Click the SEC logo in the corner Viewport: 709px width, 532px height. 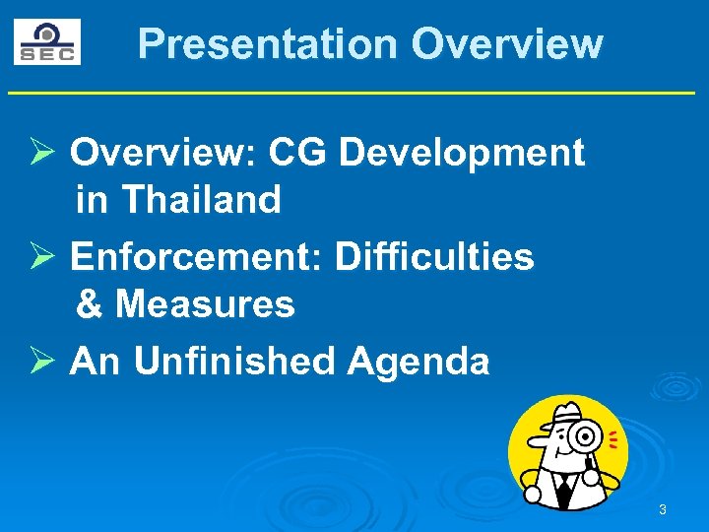(46, 41)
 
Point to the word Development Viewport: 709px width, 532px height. (462, 153)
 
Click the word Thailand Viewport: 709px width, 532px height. (201, 200)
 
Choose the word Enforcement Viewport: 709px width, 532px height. (197, 257)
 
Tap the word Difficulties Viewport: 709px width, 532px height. (434, 257)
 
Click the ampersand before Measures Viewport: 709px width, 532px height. (89, 304)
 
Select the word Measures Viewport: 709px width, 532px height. (205, 304)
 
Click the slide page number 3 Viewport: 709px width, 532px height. (662, 509)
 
